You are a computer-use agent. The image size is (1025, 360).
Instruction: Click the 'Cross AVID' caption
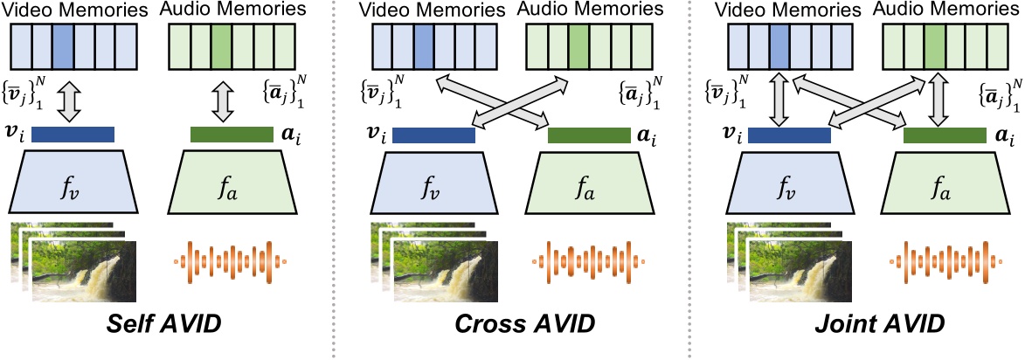(x=524, y=325)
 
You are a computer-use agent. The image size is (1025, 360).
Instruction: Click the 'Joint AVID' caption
(x=874, y=325)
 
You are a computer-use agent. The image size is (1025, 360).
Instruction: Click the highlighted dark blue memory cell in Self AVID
(x=63, y=43)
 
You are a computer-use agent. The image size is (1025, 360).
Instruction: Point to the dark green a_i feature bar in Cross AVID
(x=588, y=135)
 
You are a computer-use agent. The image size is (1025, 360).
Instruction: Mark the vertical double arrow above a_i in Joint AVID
(x=938, y=99)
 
